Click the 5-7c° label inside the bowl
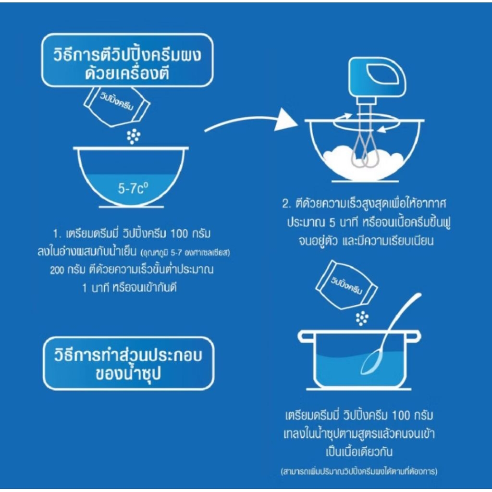133,188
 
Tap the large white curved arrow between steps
251,121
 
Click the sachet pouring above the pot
346,285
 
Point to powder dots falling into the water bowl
134,136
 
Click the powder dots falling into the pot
362,319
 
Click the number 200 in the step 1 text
57,270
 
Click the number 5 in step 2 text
332,223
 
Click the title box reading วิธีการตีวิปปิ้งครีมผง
127,60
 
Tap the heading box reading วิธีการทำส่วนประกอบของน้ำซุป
129,363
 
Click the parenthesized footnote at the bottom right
359,471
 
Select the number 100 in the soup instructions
401,415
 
